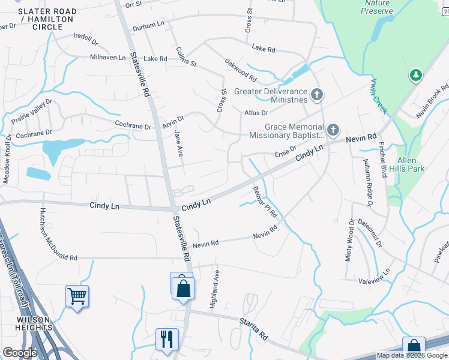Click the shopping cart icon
tap(77, 295)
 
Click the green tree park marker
tap(415, 76)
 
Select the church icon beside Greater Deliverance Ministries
tap(317, 94)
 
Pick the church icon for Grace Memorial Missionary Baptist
tap(333, 130)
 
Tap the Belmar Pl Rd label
tap(265, 202)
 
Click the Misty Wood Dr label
tap(351, 239)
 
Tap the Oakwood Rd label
tap(241, 70)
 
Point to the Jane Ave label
tap(178, 144)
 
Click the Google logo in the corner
tap(20, 353)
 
